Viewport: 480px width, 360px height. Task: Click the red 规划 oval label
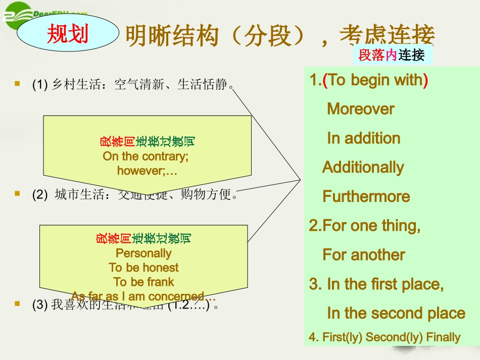click(x=67, y=34)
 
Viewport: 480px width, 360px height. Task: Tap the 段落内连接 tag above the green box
click(x=392, y=55)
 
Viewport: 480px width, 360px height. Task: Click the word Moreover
click(x=361, y=109)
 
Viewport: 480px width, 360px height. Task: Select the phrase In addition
click(x=363, y=138)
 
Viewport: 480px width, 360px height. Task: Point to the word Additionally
click(x=363, y=168)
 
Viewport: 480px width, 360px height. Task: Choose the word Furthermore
click(x=366, y=196)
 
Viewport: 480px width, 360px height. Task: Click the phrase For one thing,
click(x=365, y=226)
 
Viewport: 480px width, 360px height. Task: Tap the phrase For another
click(x=364, y=255)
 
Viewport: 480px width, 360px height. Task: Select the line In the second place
click(x=396, y=313)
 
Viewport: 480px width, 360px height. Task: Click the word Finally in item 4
click(x=444, y=337)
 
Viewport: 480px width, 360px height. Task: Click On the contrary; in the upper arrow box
click(x=146, y=156)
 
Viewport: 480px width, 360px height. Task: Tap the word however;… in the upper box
click(x=147, y=171)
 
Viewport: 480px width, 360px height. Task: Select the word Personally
click(x=143, y=253)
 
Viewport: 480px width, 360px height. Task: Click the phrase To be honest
click(x=143, y=268)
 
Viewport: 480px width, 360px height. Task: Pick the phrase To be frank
click(x=143, y=282)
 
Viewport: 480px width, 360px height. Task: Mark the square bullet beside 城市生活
click(x=18, y=193)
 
